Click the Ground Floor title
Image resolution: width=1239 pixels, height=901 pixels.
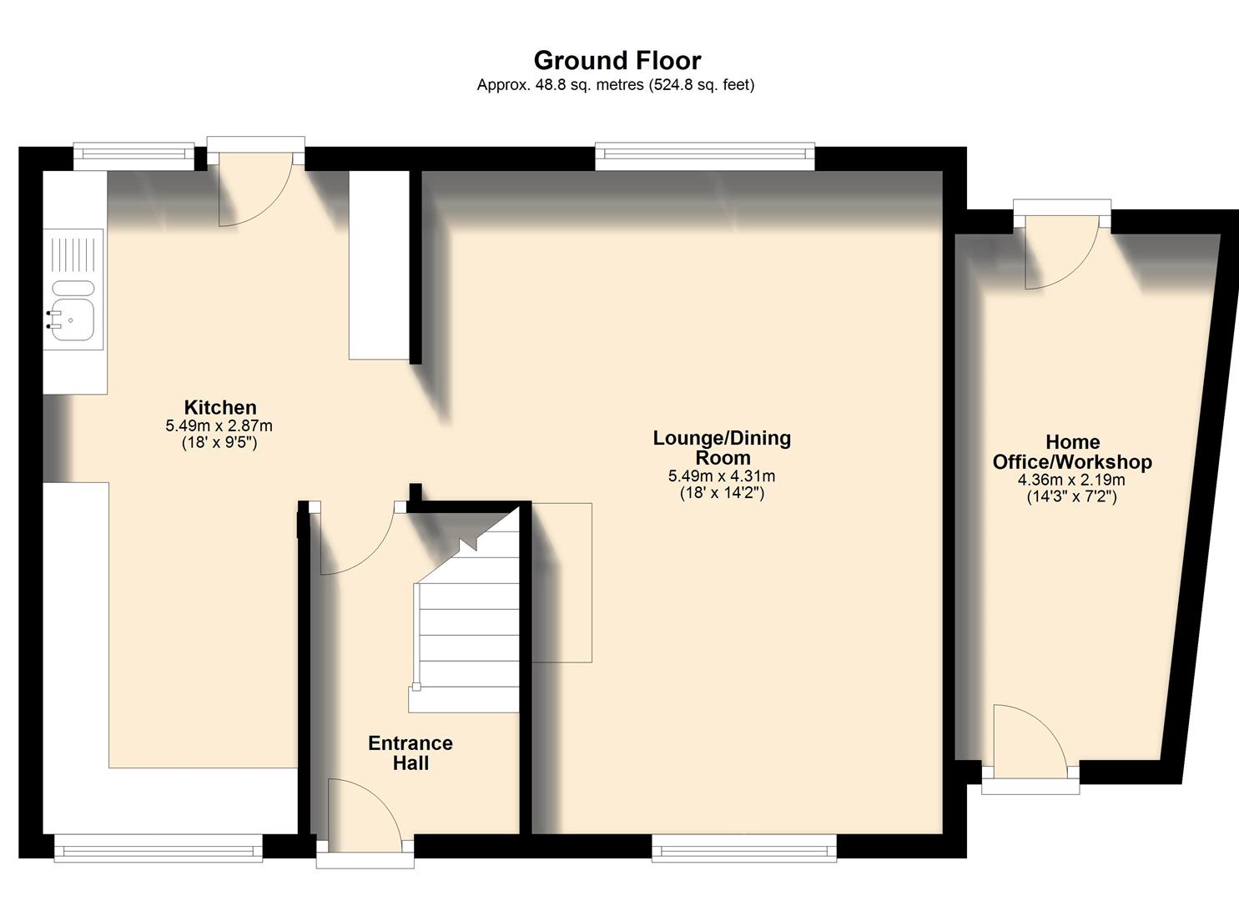(617, 60)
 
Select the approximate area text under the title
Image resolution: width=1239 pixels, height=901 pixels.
(615, 84)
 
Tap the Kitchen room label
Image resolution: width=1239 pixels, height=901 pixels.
(220, 407)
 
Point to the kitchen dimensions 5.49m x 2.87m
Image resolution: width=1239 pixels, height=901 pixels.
(219, 425)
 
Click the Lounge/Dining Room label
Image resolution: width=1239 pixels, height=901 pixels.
(722, 447)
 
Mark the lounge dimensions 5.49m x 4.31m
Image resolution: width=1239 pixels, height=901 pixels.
(722, 476)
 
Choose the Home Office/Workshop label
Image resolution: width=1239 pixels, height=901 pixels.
(1072, 452)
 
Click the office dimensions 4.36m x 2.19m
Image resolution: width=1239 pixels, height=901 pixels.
(1071, 481)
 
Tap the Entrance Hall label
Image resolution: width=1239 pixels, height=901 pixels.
(410, 753)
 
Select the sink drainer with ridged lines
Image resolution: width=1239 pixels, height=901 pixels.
(74, 254)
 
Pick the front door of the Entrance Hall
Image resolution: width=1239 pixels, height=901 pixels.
(364, 813)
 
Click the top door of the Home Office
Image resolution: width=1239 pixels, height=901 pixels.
(1061, 250)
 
